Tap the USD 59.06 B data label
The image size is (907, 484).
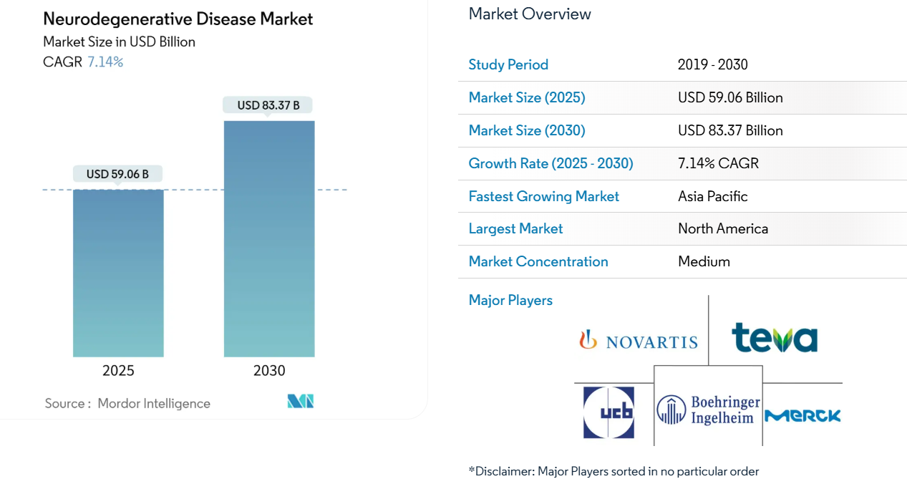117,174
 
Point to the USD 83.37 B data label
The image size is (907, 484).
268,105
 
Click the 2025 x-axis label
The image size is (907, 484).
118,370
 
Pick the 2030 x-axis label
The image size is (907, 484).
269,370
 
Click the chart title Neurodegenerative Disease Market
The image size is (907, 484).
178,19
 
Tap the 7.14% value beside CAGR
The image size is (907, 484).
105,62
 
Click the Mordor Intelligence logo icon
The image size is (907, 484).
301,402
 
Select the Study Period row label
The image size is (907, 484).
508,64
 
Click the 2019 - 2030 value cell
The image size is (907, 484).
712,64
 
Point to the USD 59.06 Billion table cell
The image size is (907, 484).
730,97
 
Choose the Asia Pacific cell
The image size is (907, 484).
712,196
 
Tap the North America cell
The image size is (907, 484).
723,228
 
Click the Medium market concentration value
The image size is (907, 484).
704,261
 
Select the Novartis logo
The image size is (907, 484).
639,340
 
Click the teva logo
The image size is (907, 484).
775,337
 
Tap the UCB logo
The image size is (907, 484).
608,412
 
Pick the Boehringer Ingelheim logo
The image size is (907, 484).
709,410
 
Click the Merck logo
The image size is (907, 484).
802,415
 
